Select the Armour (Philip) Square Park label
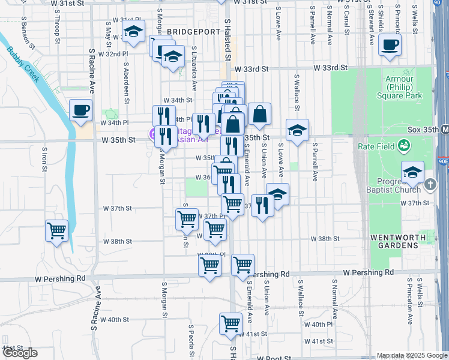point(400,87)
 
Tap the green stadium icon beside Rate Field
point(405,145)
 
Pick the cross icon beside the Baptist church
point(430,185)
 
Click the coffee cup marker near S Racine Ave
point(80,111)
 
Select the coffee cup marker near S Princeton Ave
point(390,46)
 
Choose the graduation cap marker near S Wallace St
point(297,131)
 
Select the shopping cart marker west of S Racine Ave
point(57,230)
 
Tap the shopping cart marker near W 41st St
point(231,325)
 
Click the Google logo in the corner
point(20,353)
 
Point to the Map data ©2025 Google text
point(411,355)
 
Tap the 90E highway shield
point(444,161)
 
